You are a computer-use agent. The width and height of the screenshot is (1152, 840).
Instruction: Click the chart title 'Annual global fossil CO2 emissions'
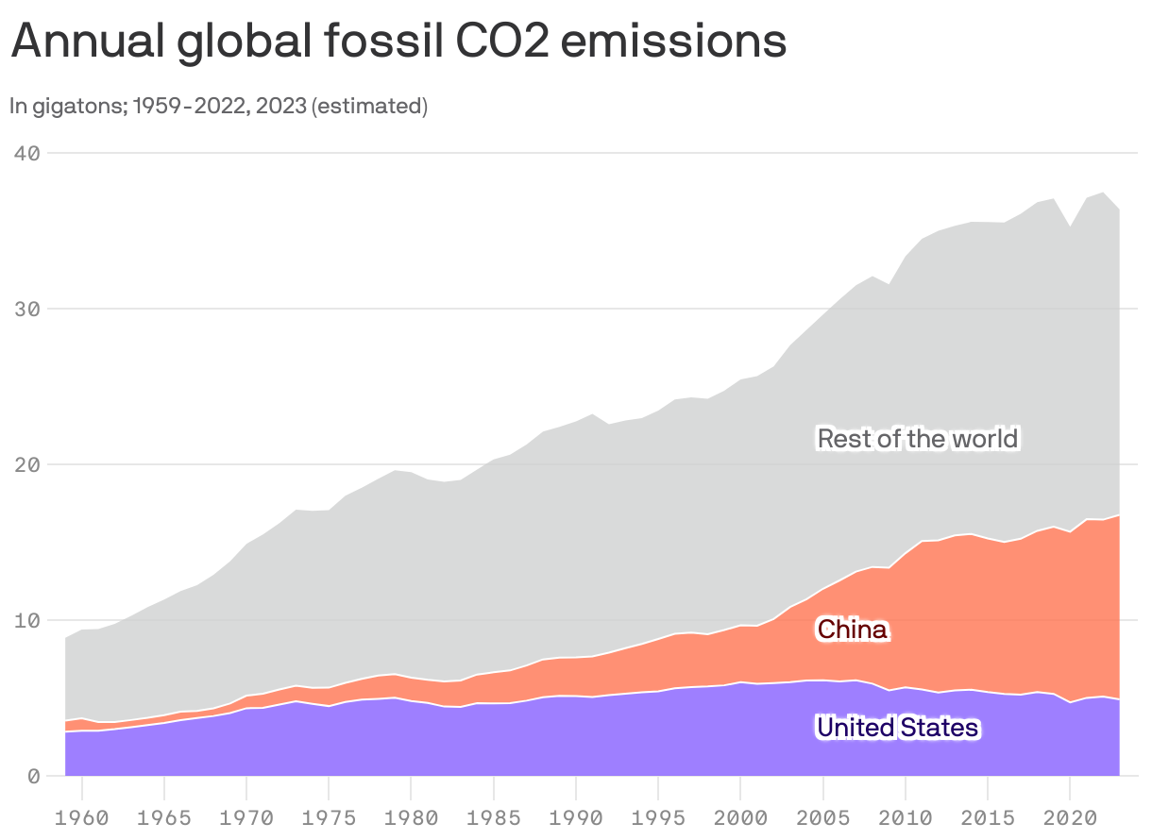tap(398, 42)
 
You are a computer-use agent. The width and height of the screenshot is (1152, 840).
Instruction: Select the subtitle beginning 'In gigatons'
tap(219, 106)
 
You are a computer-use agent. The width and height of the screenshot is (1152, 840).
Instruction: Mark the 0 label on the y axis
tap(31, 776)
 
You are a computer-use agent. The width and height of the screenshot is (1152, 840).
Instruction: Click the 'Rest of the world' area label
tap(918, 439)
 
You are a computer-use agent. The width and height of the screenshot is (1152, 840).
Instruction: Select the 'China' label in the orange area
tap(853, 630)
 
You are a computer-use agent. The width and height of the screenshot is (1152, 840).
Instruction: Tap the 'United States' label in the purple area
tap(898, 728)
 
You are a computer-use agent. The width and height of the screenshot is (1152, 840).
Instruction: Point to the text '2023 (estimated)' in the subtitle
tap(369, 106)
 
